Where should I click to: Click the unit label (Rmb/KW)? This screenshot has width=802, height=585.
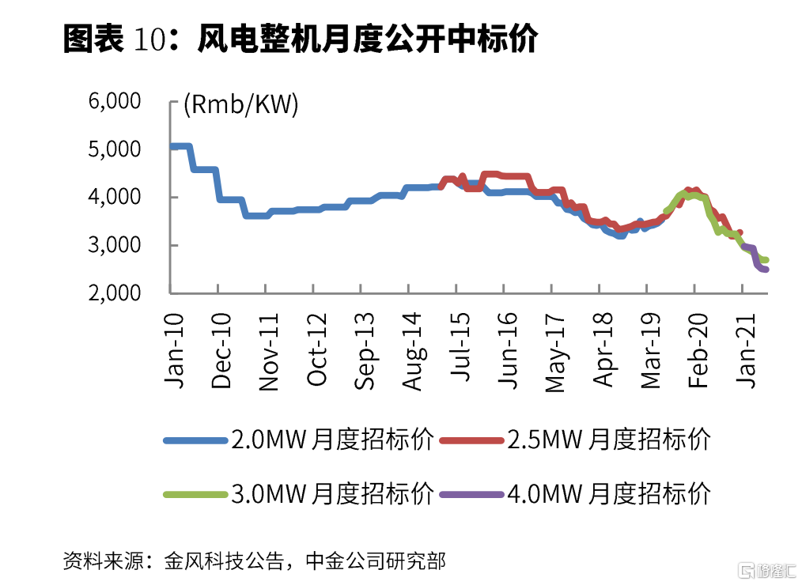[240, 105]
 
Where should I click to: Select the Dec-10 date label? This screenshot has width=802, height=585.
[221, 349]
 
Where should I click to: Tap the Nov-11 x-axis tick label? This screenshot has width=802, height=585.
[269, 349]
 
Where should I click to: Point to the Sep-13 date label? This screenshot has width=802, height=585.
[364, 349]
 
